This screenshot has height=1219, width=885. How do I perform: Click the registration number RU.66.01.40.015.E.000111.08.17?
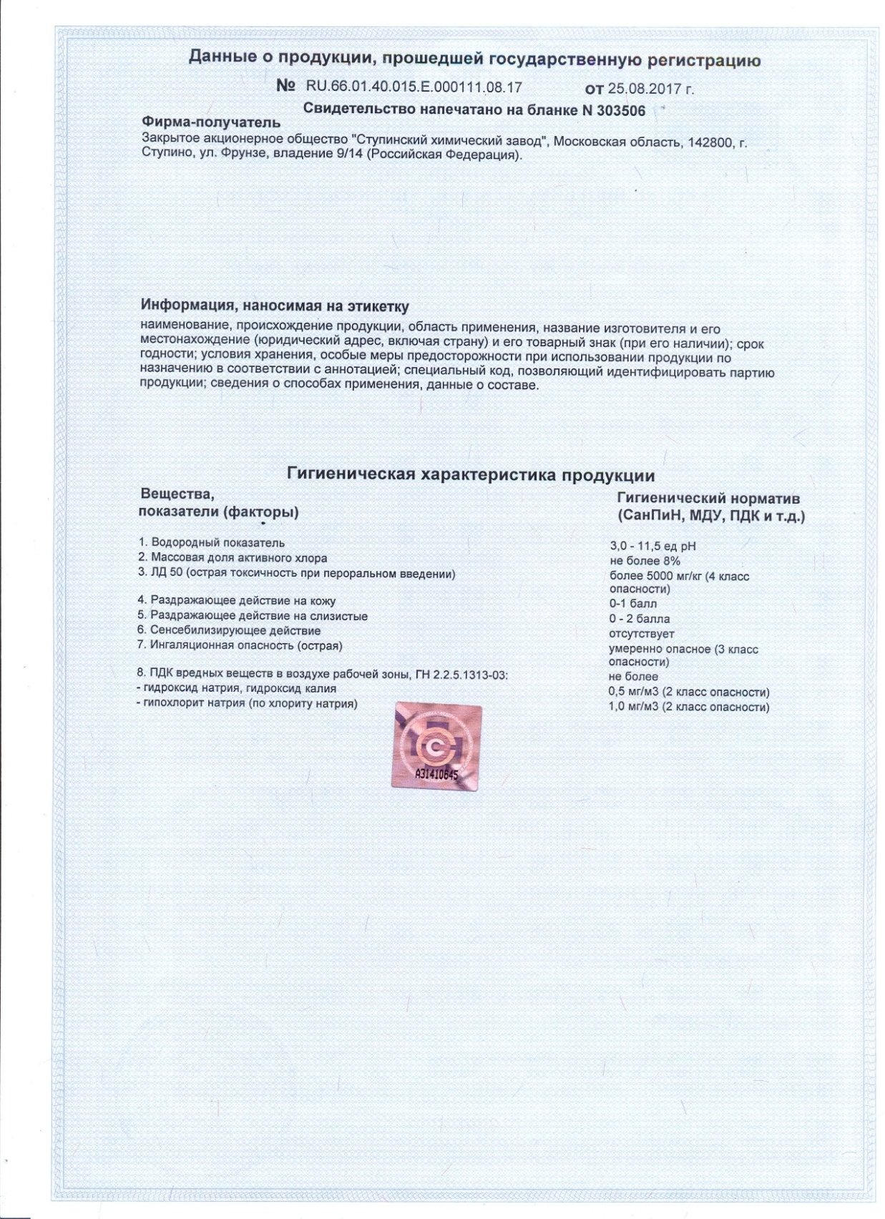414,87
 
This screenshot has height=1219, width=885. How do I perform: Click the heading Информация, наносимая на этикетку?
275,306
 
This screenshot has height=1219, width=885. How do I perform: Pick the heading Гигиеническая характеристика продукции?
471,475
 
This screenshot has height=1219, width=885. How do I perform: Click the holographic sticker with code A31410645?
437,747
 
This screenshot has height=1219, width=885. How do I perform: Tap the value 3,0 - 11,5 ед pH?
652,547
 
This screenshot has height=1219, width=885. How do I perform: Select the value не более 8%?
644,562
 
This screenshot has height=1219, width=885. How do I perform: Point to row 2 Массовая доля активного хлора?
233,558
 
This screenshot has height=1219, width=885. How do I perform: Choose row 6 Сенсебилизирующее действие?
229,630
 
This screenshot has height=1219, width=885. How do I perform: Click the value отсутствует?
641,634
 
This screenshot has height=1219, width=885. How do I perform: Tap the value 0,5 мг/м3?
633,692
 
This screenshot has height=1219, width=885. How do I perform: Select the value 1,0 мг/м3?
633,707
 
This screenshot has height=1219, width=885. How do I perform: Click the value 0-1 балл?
632,604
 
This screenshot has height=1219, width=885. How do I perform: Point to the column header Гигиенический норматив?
708,499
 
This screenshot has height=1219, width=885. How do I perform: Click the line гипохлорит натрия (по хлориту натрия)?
247,703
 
